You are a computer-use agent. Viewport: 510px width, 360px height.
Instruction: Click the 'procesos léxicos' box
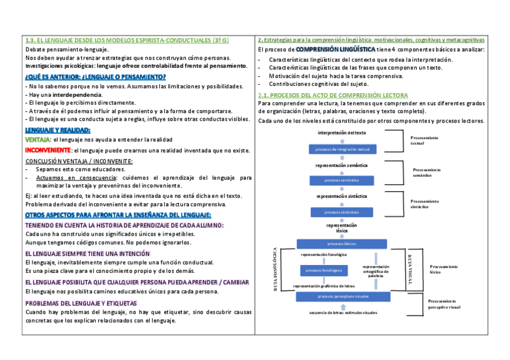point(342,243)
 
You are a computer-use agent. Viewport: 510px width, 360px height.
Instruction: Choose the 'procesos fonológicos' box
point(324,270)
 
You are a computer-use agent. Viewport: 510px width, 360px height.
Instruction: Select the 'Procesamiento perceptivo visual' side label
point(444,304)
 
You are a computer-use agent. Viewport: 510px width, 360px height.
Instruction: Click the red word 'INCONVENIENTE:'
point(48,150)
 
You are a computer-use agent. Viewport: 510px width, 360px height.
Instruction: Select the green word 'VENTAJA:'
point(38,139)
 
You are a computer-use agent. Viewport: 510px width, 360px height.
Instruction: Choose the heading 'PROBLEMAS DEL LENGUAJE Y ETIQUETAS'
point(81,303)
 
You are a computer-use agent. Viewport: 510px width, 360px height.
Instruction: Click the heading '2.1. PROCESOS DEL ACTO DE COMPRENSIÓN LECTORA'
point(333,96)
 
